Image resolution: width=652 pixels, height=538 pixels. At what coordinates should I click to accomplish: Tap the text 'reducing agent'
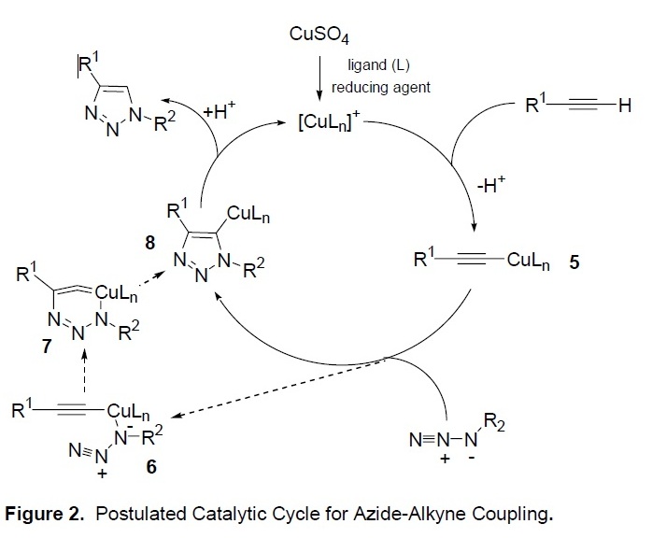(376, 87)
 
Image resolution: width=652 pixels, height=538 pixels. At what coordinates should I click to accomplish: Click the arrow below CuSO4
(321, 78)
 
